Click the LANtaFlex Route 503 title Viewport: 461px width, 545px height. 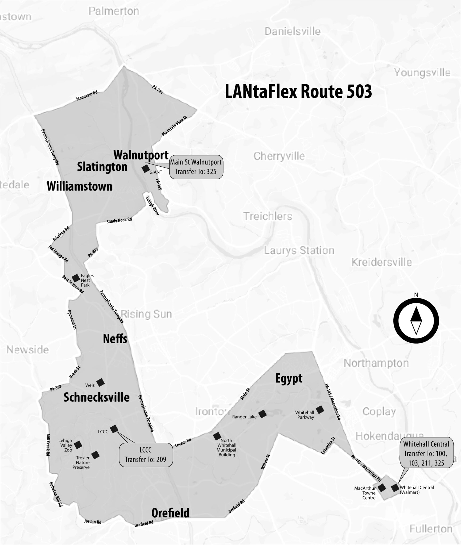[298, 92]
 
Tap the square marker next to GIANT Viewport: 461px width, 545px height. [145, 169]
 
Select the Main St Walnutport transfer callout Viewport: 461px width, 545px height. [196, 167]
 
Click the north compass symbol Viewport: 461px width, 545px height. [416, 321]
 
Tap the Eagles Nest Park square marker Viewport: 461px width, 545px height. [76, 278]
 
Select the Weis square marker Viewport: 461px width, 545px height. [100, 382]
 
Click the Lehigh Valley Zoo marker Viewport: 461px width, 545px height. [78, 445]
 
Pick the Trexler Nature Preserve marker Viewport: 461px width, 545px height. [95, 455]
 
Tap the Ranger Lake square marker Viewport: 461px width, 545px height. [263, 414]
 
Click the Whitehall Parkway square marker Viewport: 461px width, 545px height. [320, 410]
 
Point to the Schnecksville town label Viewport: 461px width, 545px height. [96, 397]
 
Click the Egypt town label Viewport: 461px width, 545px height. [289, 378]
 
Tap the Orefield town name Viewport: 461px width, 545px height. [170, 513]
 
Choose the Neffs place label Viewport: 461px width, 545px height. [115, 339]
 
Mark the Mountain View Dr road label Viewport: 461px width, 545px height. [175, 126]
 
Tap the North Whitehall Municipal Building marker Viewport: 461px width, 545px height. [217, 436]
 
